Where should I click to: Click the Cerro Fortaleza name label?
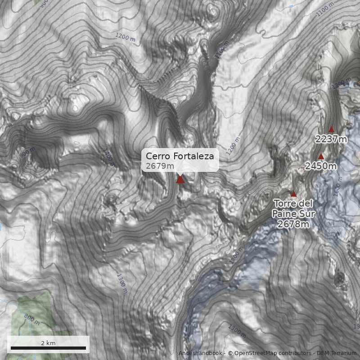pyautogui.click(x=180, y=156)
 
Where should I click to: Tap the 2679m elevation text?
pyautogui.click(x=160, y=166)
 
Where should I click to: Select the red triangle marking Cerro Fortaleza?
pyautogui.click(x=180, y=180)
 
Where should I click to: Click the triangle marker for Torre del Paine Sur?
pyautogui.click(x=294, y=194)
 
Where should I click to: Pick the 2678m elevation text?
pyautogui.click(x=293, y=224)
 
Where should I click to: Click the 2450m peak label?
pyautogui.click(x=321, y=166)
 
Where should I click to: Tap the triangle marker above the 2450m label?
pyautogui.click(x=321, y=157)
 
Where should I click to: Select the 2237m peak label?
pyautogui.click(x=331, y=139)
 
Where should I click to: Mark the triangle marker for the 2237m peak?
pyautogui.click(x=332, y=130)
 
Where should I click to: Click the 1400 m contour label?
pyautogui.click(x=109, y=157)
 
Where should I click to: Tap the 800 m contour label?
pyautogui.click(x=32, y=320)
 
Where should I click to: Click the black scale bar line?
pyautogui.click(x=48, y=348)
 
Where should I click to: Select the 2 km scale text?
pyautogui.click(x=48, y=343)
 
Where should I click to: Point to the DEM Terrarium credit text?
pyautogui.click(x=336, y=353)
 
